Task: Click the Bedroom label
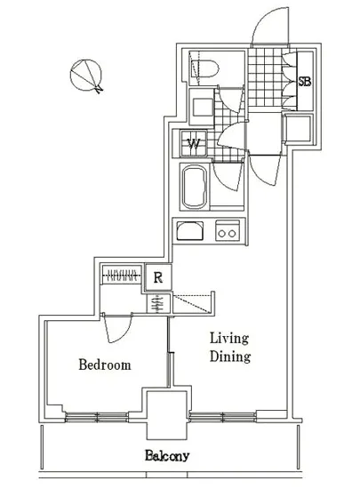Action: (105, 365)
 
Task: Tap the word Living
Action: (229, 339)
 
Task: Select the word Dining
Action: (230, 357)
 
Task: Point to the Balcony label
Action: (167, 456)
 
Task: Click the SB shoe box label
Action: (305, 82)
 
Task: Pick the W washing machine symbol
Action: (194, 143)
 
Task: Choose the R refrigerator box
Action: (158, 277)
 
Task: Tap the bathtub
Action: (195, 187)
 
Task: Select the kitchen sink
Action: (190, 230)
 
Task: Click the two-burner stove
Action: (228, 230)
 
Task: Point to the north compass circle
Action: (85, 76)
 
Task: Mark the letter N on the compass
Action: (100, 89)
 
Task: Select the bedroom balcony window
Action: (97, 417)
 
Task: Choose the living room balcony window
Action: (222, 417)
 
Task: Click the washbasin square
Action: (203, 107)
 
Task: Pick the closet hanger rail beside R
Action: (120, 276)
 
